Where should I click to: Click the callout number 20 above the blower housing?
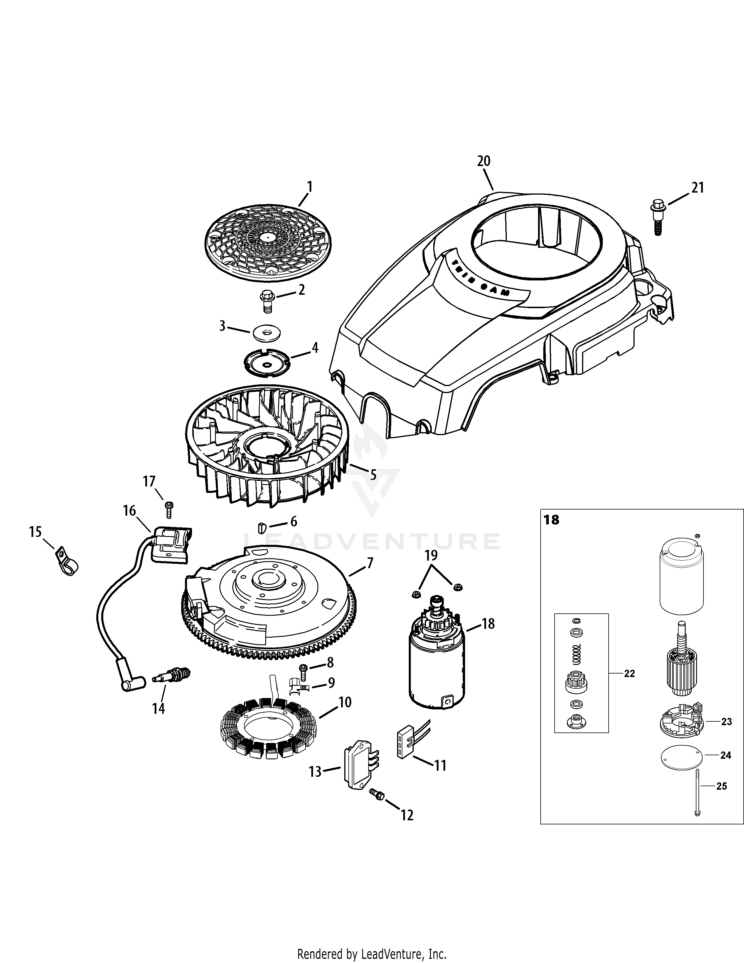point(483,161)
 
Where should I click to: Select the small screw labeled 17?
point(168,509)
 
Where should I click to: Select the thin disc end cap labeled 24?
point(682,755)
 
